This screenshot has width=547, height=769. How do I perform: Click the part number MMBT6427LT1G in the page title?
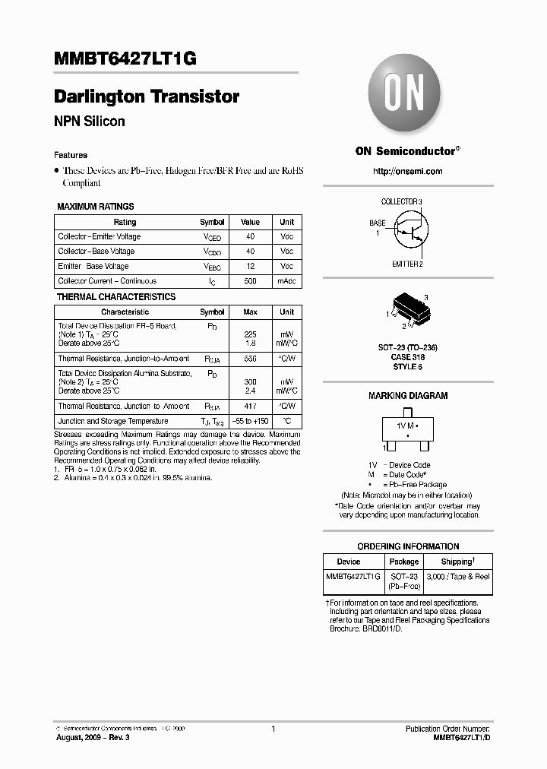coord(125,61)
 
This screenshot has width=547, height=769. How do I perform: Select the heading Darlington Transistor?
coord(147,97)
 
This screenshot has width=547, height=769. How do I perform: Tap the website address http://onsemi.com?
coord(408,171)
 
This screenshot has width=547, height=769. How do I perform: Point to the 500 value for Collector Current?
coord(250,281)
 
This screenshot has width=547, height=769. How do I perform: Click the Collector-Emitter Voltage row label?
coord(99,236)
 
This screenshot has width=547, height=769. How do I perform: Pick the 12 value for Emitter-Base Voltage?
coord(250,266)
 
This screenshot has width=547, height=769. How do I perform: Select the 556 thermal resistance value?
coord(250,358)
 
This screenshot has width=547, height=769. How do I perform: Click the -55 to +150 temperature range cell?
coord(250,421)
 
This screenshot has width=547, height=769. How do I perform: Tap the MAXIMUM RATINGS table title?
coord(96,207)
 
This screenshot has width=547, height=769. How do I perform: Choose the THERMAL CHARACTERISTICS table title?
coord(116,297)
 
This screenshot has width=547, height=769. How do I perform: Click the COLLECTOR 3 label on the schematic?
coord(401,201)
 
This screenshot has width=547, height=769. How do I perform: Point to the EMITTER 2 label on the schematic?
coord(407,264)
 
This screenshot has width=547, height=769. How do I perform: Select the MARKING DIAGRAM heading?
coord(408,396)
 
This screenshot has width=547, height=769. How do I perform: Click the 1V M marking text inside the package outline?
coord(406,428)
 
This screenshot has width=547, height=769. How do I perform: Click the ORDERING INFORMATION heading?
coord(408,546)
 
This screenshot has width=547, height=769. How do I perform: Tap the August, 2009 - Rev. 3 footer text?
coord(88,738)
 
